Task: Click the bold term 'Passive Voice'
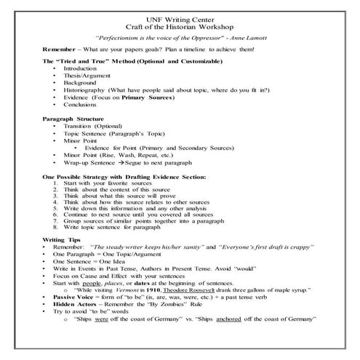[73, 299]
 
